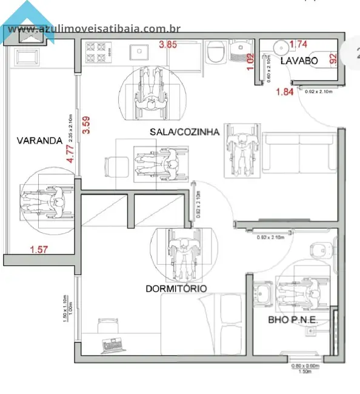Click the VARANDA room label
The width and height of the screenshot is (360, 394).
click(39, 141)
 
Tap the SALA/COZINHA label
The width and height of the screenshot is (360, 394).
click(184, 132)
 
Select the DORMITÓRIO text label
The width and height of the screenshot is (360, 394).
click(176, 289)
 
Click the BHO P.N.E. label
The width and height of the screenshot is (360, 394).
click(293, 320)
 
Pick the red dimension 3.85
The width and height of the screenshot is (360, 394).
click(168, 44)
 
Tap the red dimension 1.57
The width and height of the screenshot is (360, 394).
click(39, 249)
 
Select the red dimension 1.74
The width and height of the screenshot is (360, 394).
click(299, 44)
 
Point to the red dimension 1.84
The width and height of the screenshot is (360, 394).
click(285, 92)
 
